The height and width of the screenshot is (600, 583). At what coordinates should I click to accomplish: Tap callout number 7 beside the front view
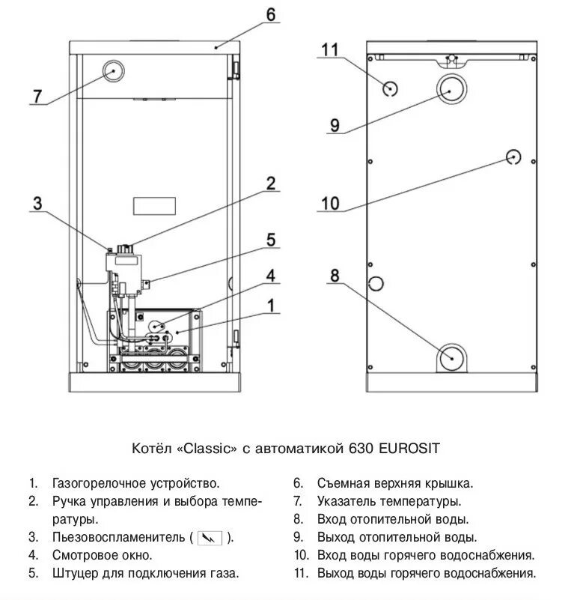tap(37, 97)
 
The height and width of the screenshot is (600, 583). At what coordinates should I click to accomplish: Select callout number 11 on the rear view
tap(331, 50)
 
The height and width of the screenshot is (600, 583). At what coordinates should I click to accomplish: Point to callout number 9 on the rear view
tap(334, 124)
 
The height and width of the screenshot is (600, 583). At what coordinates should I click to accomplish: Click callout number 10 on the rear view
tap(330, 202)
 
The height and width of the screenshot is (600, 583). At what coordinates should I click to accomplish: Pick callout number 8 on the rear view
tap(334, 276)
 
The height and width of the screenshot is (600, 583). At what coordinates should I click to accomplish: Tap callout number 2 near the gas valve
tap(270, 183)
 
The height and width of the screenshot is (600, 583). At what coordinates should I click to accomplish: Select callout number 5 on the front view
tap(270, 240)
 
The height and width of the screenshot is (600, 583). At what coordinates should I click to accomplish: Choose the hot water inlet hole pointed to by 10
tap(513, 157)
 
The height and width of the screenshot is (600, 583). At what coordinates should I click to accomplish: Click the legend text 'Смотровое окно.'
tap(102, 555)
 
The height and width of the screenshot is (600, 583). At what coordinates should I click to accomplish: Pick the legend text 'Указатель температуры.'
tap(388, 501)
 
